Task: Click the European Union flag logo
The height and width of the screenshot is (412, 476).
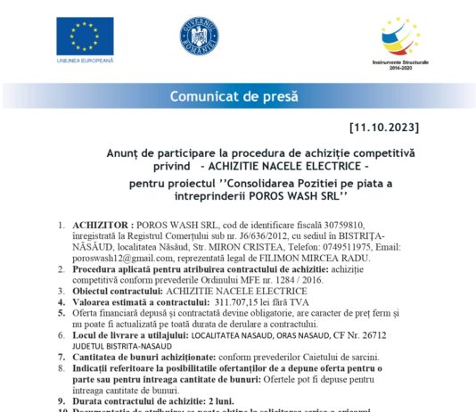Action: point(85,35)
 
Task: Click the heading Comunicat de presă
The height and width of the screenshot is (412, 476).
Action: point(234,96)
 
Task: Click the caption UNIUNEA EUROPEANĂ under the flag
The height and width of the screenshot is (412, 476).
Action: point(85,61)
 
